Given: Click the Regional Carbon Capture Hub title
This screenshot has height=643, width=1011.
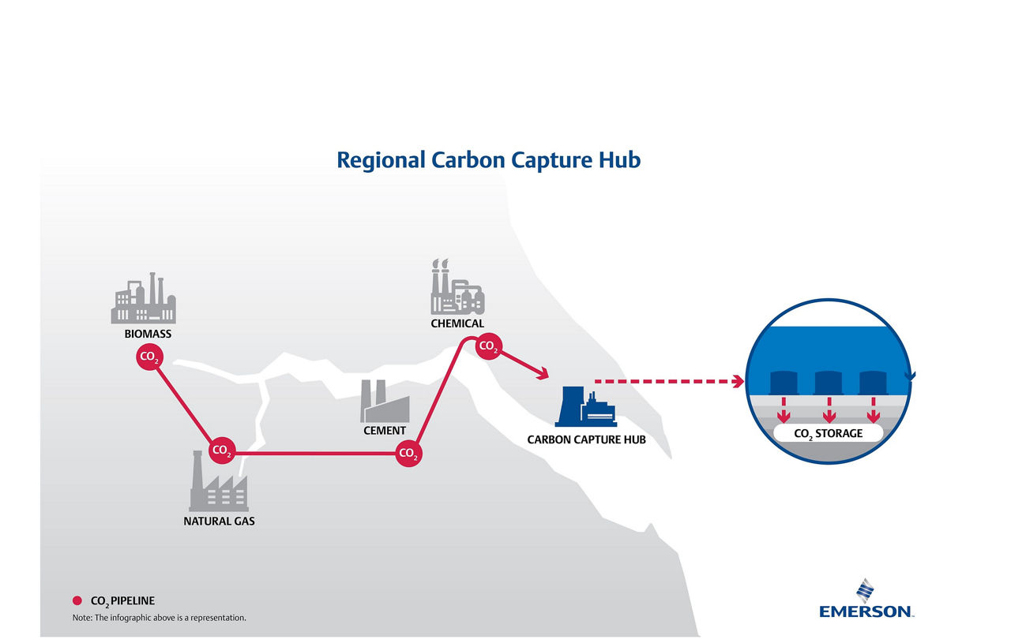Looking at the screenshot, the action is click(488, 160).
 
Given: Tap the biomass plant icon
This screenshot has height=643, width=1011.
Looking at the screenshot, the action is click(144, 298).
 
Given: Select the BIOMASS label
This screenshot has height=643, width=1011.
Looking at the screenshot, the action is click(148, 335).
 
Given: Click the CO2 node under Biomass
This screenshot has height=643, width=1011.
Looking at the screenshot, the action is click(149, 357).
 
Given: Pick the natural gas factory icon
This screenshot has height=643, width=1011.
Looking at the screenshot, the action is click(219, 480).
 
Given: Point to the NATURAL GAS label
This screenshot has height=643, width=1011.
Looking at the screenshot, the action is click(219, 522).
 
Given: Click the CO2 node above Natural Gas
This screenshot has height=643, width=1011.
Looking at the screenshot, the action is click(222, 450).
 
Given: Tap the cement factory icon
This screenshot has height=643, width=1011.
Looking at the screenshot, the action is click(385, 401).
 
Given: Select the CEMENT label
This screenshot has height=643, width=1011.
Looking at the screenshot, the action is click(385, 431).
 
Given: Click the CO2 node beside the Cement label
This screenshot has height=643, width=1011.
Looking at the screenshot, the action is click(408, 453).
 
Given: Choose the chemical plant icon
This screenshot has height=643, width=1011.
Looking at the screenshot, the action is click(457, 286).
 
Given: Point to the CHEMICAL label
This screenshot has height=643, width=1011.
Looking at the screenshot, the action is click(457, 323).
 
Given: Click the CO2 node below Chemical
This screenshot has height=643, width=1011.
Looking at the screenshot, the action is click(488, 346).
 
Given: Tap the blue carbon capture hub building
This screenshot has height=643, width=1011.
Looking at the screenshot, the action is click(586, 406).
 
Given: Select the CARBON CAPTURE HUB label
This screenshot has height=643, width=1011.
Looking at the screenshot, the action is click(586, 439).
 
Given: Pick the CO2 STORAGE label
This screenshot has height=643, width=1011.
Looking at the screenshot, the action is click(829, 434).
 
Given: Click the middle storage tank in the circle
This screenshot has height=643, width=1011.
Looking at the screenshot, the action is click(829, 383).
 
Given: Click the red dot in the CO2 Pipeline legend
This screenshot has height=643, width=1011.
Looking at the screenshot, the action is click(77, 600).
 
